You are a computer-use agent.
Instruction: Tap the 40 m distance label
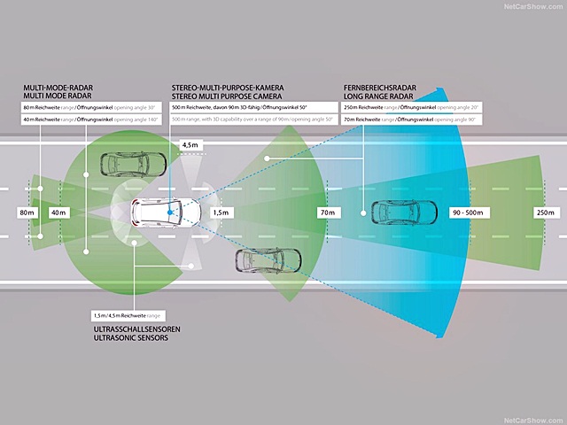58,212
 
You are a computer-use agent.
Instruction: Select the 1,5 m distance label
221,212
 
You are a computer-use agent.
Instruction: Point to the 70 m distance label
328,212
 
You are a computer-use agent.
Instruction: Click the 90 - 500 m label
468,212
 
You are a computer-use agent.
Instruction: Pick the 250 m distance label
544,212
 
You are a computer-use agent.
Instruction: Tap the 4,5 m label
190,143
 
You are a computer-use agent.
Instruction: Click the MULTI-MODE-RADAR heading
59,87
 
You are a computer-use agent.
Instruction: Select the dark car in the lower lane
265,260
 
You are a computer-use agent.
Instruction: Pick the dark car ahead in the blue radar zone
403,212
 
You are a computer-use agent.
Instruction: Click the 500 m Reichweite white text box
252,106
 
